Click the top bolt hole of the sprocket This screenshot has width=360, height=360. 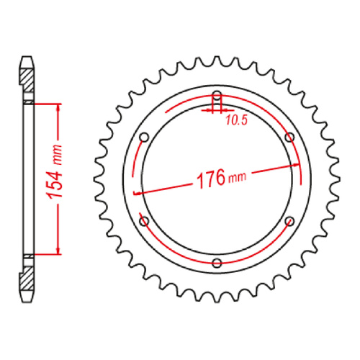(217, 95)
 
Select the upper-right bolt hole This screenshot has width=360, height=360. (289, 137)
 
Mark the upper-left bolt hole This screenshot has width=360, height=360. (143, 137)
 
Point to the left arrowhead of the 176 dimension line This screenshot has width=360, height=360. (138, 194)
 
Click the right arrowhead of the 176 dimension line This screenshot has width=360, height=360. (294, 163)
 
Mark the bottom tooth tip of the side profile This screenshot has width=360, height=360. (27, 302)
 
